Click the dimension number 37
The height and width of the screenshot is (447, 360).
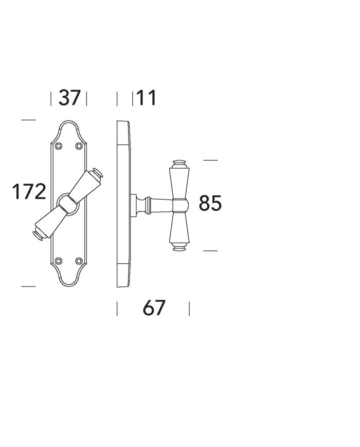[x=69, y=98]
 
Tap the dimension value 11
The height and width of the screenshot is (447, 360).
[x=146, y=98]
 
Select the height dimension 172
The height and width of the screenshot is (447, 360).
[x=29, y=191]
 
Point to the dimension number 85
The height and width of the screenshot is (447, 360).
[x=210, y=203]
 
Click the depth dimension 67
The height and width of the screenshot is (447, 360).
[x=154, y=308]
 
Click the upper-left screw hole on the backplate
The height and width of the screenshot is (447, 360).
[x=59, y=146]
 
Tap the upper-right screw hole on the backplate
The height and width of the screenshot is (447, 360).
[x=79, y=146]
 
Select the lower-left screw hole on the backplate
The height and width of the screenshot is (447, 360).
[x=59, y=261]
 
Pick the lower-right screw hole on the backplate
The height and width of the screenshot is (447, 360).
[x=79, y=261]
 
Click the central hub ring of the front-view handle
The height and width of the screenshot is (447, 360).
[x=68, y=204]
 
